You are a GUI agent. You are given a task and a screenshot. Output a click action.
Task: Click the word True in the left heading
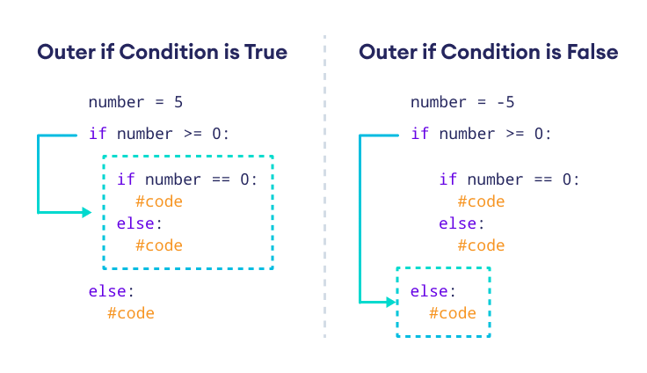click(265, 52)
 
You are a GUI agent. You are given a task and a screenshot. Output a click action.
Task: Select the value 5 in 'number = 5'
click(178, 102)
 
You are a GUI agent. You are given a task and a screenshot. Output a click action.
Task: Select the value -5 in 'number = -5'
click(505, 102)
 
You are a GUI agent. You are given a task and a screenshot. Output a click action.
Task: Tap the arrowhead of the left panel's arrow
click(87, 212)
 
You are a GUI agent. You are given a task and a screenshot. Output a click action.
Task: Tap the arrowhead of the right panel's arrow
click(392, 302)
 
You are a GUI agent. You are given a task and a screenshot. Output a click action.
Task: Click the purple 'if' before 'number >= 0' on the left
click(98, 134)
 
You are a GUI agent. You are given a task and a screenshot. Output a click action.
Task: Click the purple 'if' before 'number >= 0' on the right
click(420, 134)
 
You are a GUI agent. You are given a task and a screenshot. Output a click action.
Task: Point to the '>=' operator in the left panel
click(193, 134)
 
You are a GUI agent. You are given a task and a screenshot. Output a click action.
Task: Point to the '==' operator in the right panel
click(544, 179)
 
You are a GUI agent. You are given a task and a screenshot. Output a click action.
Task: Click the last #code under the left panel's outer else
click(130, 313)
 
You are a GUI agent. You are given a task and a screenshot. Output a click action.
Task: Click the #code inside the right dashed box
click(453, 313)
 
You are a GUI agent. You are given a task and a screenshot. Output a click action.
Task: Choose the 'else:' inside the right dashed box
click(433, 291)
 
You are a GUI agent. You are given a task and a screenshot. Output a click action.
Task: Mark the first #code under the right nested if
click(481, 201)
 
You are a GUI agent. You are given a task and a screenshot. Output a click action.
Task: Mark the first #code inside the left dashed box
click(159, 201)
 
